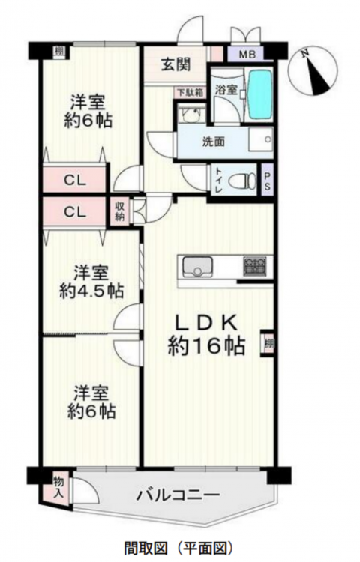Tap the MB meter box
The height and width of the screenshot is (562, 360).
247,55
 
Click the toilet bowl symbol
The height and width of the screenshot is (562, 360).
245,179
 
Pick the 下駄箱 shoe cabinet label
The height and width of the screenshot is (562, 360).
190,92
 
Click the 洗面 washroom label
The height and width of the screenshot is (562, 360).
214,142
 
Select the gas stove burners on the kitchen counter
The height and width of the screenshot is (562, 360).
255,266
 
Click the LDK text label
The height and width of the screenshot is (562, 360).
205,324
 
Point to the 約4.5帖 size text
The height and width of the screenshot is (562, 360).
91,292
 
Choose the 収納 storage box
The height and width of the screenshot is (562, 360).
119,211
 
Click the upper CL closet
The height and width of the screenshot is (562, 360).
75,181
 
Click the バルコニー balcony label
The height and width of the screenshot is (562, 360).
178,496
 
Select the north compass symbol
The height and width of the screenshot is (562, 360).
313,71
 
